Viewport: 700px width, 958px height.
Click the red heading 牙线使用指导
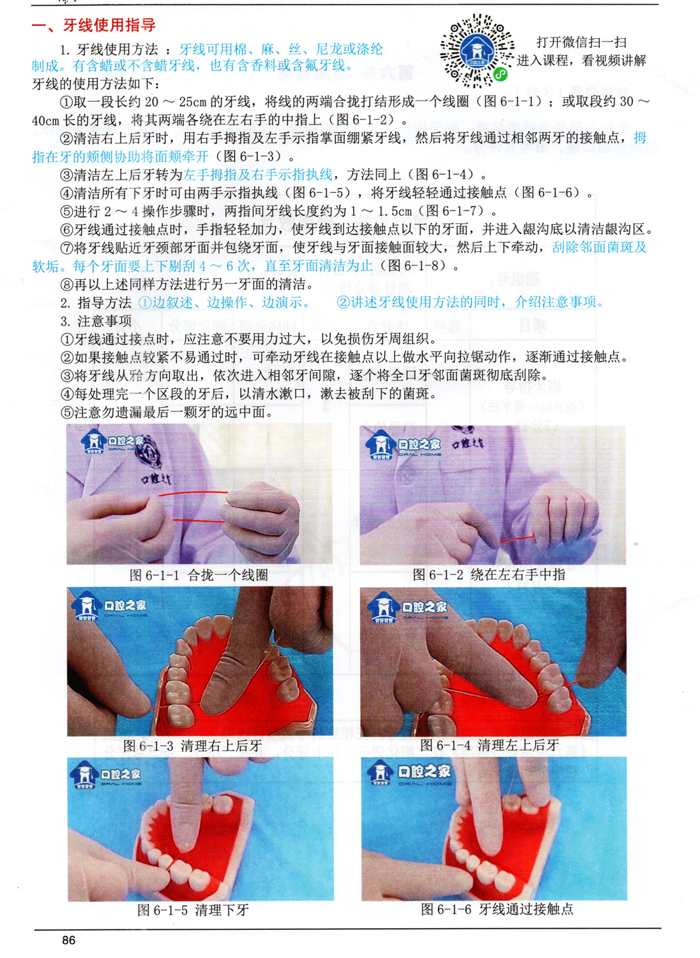click(x=109, y=25)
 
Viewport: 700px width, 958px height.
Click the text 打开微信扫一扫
click(x=581, y=42)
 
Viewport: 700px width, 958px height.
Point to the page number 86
click(x=69, y=940)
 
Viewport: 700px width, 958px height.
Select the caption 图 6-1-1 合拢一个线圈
click(x=199, y=575)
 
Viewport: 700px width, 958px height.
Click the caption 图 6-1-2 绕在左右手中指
click(x=489, y=574)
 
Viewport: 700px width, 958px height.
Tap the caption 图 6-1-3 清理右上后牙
click(x=192, y=746)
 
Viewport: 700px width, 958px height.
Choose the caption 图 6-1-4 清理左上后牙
click(x=490, y=745)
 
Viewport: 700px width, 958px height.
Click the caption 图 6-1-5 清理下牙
click(x=193, y=909)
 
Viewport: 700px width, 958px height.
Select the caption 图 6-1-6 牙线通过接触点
click(x=497, y=909)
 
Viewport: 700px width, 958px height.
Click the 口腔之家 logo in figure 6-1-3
click(x=109, y=607)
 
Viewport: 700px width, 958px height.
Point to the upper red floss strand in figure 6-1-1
click(x=194, y=493)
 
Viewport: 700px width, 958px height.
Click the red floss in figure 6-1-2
click(x=517, y=539)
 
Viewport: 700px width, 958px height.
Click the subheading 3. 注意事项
click(x=96, y=321)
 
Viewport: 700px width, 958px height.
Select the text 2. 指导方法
click(x=96, y=302)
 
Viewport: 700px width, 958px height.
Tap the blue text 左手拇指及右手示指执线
click(x=257, y=174)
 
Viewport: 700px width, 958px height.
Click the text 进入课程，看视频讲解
click(x=582, y=61)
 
